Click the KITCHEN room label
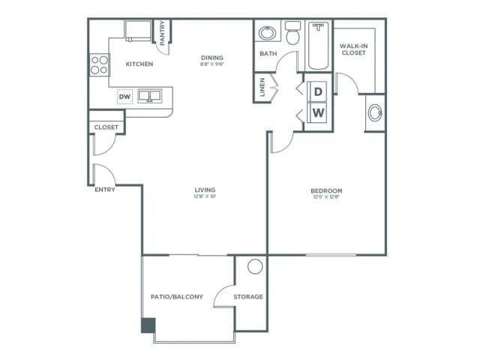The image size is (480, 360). click(x=139, y=64)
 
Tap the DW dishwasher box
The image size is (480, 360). click(x=124, y=96)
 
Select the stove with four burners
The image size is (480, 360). click(x=98, y=65)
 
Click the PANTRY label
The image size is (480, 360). click(x=163, y=32)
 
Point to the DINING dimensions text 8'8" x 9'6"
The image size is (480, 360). click(x=213, y=64)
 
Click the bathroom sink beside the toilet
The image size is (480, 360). click(x=266, y=33)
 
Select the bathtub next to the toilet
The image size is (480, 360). click(x=317, y=45)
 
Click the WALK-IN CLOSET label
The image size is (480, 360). click(x=353, y=49)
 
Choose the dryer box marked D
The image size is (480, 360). click(x=318, y=91)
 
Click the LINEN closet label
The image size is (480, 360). click(x=262, y=88)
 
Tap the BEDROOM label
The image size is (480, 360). click(x=326, y=190)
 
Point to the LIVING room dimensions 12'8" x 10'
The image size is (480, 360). click(x=205, y=197)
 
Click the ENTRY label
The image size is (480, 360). click(x=105, y=190)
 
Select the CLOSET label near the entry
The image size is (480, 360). click(x=106, y=127)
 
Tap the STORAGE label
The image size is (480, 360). click(x=248, y=297)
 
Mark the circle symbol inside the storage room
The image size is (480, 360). click(x=255, y=266)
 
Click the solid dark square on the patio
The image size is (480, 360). click(x=148, y=325)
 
